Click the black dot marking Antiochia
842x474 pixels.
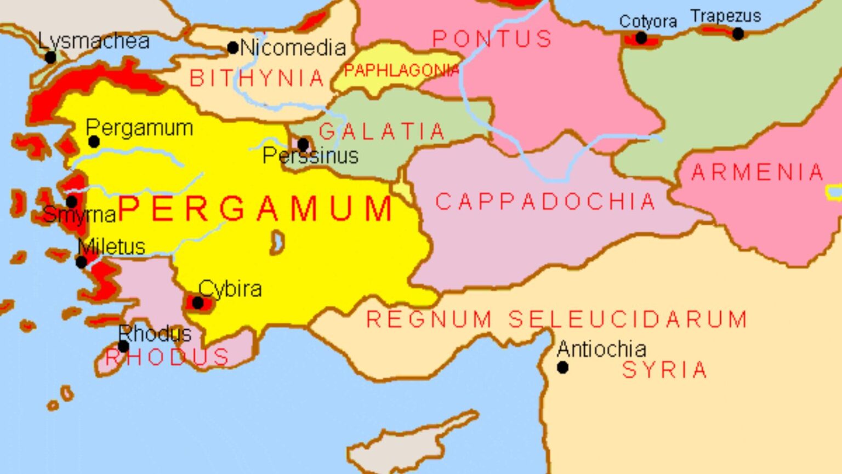coord(562,368)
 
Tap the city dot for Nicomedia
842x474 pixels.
coord(233,48)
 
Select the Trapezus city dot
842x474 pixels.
coord(738,34)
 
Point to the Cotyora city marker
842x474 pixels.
coord(641,38)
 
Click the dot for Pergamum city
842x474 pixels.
coord(94,142)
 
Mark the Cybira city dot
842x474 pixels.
coord(198,302)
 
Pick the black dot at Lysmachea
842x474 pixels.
coord(50,57)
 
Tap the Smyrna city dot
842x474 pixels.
coord(72,202)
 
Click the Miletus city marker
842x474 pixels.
coord(81,262)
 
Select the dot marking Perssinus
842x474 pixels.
coord(303,145)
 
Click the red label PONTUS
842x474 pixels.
coord(492,39)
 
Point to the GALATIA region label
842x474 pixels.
coord(382,132)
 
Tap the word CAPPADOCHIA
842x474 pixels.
coord(545,202)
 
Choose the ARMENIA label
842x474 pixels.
coord(758,173)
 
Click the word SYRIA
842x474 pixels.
coord(664,370)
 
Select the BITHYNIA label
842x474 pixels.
coord(257,78)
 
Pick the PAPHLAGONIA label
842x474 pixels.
coord(401,70)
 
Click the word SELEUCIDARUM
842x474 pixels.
coord(628,319)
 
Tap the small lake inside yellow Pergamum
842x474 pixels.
coord(278,242)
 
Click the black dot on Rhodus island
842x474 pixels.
coord(123,346)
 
